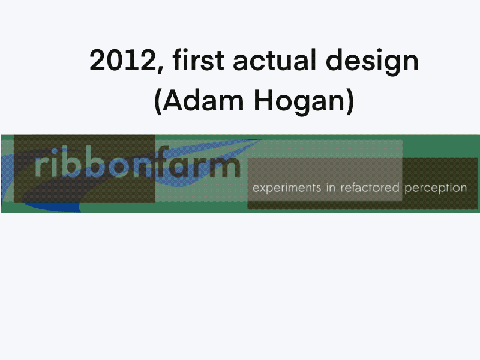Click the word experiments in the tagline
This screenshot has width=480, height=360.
(x=286, y=188)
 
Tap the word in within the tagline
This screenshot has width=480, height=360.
(x=331, y=187)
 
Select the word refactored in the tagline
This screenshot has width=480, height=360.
(x=370, y=187)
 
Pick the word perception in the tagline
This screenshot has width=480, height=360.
(x=436, y=188)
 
